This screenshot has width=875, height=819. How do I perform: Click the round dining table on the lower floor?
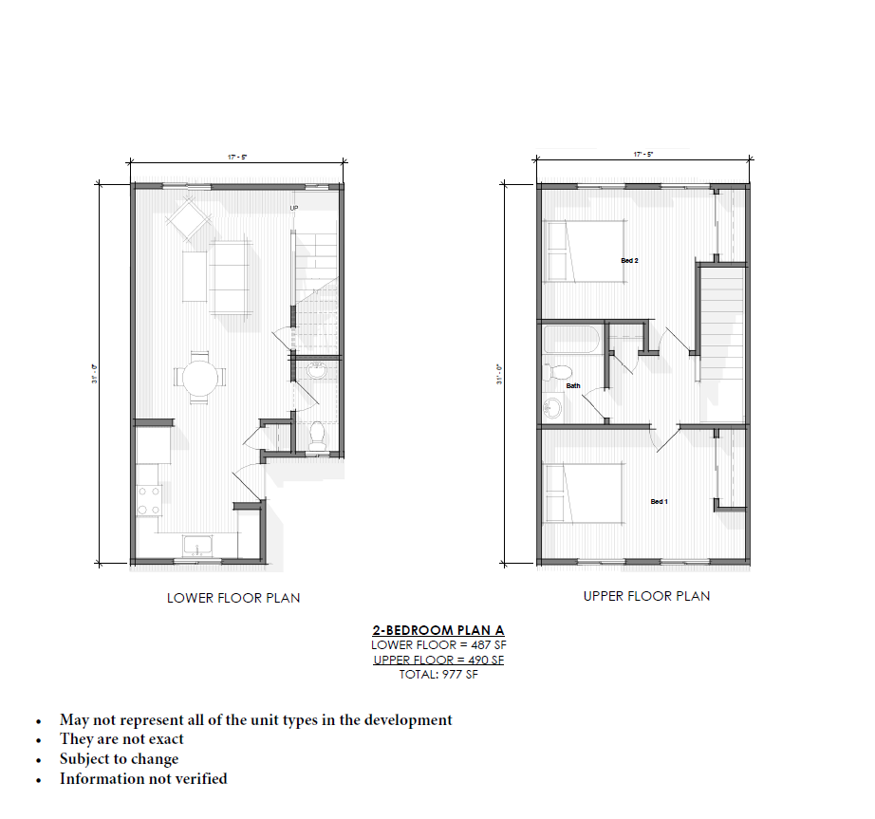(x=199, y=378)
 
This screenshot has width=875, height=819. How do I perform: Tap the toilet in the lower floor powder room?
(x=318, y=434)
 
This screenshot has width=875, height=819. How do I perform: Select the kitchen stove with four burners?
(x=149, y=500)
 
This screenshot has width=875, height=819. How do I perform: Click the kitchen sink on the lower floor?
(x=199, y=547)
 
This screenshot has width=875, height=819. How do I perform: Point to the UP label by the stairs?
(x=294, y=207)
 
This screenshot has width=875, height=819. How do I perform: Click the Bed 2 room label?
(x=629, y=260)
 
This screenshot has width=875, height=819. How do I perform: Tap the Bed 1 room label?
(x=659, y=501)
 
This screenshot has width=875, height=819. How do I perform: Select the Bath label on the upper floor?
(x=573, y=385)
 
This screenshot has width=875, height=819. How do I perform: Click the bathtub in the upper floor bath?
(x=572, y=340)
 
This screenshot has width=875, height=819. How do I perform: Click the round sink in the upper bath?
(x=552, y=408)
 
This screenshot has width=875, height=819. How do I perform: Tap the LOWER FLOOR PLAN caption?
(x=233, y=598)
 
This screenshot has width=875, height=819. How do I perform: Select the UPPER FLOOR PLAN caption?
(x=646, y=596)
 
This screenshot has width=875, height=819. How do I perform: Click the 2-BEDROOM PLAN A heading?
(x=438, y=630)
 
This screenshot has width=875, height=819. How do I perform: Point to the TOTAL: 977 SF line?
(x=438, y=675)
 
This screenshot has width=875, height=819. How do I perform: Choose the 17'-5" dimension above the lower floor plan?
(x=237, y=156)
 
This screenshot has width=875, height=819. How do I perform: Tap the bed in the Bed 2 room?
(x=584, y=251)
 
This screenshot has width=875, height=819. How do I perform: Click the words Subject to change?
(x=119, y=758)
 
